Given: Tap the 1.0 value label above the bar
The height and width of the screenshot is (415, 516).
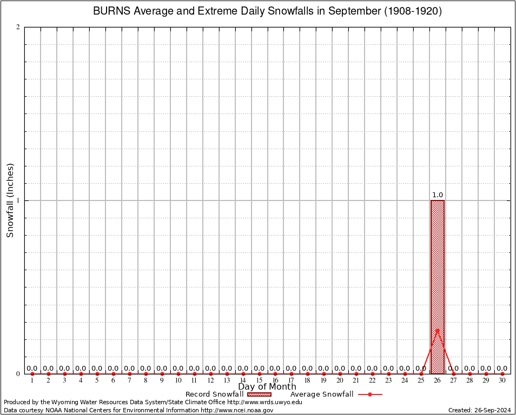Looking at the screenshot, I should [x=437, y=195].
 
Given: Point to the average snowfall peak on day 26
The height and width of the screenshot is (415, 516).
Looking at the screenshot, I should [x=437, y=330].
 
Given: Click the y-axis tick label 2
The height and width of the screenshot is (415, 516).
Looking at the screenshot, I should [x=18, y=28].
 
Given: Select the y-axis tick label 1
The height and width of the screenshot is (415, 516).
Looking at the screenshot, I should [x=18, y=200].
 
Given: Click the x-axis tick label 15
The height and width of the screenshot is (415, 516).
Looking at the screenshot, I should [x=259, y=381].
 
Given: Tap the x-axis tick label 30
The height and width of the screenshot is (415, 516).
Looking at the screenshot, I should [x=502, y=381].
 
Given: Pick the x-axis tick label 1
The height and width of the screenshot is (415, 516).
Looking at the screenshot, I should [x=32, y=381].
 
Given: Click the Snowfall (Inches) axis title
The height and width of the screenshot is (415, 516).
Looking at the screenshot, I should [x=10, y=200].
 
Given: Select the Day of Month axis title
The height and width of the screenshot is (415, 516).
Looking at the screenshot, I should [x=267, y=387].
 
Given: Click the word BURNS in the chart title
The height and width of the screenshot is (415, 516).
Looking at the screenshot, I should [x=110, y=11].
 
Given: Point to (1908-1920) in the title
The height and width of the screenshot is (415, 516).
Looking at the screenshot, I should [x=413, y=11].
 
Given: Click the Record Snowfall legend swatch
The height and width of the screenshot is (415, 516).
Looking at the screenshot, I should [x=259, y=394].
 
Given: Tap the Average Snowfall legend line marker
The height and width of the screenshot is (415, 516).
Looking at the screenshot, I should [x=370, y=394].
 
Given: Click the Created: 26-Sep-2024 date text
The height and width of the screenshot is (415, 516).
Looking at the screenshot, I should [x=480, y=410].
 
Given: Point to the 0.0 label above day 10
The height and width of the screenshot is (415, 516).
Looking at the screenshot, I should [x=178, y=369].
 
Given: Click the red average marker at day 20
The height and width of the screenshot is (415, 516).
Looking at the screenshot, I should [x=340, y=374].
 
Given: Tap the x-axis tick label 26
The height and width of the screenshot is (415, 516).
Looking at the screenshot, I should [x=437, y=381].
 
